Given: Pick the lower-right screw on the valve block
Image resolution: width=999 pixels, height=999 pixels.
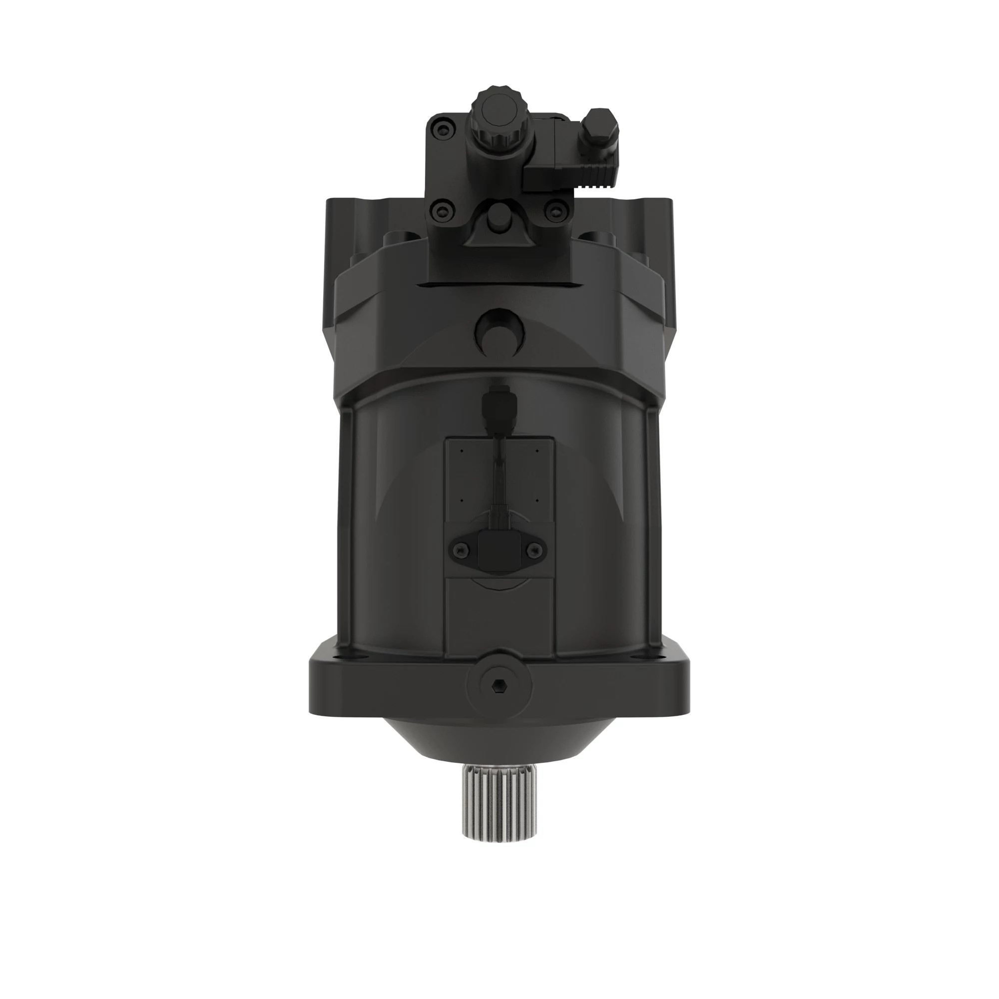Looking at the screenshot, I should tap(556, 210).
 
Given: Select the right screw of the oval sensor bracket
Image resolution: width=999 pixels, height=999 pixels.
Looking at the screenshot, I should tap(535, 549).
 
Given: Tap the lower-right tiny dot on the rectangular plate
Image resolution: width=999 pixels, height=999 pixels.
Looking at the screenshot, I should tap(537, 500).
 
